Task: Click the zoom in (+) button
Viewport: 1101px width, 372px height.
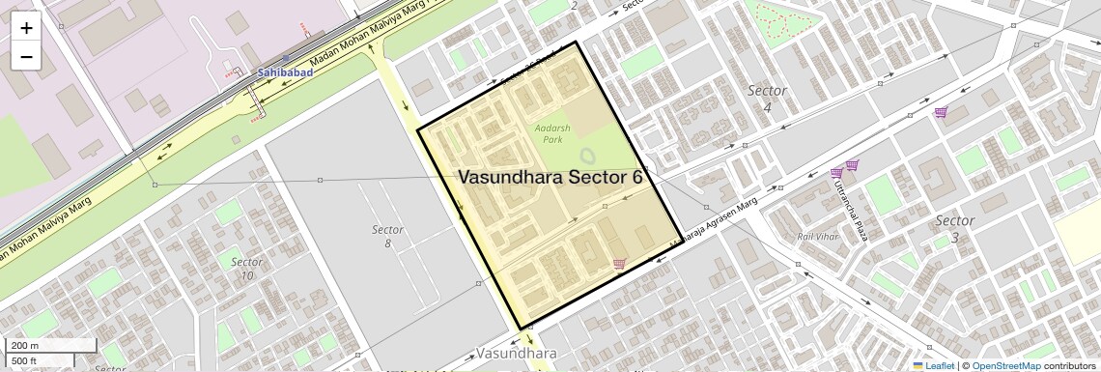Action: [26, 28]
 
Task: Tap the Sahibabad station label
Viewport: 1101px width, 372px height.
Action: [285, 72]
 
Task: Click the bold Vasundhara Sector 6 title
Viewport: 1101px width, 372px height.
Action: [550, 178]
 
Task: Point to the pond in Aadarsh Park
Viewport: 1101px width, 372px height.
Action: [587, 157]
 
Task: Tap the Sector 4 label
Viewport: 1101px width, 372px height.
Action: [768, 98]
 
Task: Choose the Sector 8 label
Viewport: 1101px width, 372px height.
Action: [387, 237]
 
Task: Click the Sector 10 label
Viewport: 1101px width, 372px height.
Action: [247, 269]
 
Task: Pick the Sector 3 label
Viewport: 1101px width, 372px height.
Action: [954, 229]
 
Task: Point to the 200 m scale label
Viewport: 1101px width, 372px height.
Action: [25, 346]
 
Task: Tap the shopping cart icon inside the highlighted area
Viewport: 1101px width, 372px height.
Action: [618, 263]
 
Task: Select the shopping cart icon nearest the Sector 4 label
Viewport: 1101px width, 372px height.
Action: [940, 113]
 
